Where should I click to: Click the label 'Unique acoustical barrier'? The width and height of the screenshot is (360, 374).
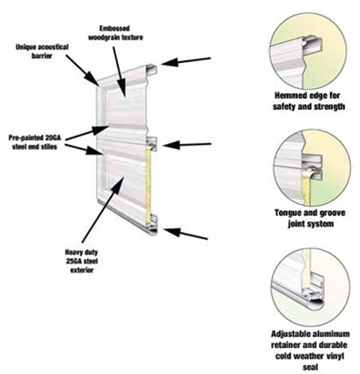(x=42, y=51)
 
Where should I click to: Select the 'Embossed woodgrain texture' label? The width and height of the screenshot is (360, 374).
(x=115, y=33)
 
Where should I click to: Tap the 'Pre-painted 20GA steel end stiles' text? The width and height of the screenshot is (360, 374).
(x=35, y=142)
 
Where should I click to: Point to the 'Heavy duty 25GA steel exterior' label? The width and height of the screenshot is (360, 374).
(x=82, y=261)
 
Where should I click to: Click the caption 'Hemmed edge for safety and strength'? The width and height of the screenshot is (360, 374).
(x=309, y=101)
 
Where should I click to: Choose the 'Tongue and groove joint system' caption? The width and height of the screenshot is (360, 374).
(x=310, y=218)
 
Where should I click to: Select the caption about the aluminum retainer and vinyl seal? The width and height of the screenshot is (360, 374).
(x=310, y=351)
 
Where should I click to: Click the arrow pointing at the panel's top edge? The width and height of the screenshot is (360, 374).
(x=186, y=61)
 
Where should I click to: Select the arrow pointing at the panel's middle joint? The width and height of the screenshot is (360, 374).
(x=187, y=145)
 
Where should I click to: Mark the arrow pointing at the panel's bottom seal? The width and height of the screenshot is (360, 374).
(x=186, y=234)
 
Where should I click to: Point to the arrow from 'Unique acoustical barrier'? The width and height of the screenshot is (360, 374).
(x=83, y=70)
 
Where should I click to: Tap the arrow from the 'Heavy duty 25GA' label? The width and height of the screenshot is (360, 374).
(x=103, y=209)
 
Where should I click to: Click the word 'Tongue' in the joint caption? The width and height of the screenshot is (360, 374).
(x=286, y=213)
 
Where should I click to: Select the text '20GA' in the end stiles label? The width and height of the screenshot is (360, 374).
(x=52, y=138)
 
